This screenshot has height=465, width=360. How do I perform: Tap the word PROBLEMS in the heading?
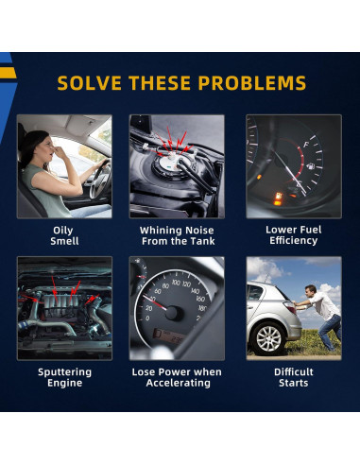point(252,83)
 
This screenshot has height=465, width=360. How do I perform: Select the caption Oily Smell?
point(64,235)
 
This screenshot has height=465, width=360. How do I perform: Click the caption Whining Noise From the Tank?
point(177,235)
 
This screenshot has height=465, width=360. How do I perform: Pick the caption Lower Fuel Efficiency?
point(294,235)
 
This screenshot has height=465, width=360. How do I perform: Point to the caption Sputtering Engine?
point(64,377)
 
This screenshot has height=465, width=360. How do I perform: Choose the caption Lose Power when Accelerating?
point(177,377)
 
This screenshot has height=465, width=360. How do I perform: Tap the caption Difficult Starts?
point(294,377)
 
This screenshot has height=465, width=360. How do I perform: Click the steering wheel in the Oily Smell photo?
point(100,180)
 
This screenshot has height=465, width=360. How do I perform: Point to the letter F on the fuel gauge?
point(305,146)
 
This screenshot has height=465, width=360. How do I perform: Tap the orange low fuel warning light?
point(278,198)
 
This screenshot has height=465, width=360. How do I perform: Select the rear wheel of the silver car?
point(268,338)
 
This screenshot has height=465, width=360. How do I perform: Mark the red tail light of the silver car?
point(289,306)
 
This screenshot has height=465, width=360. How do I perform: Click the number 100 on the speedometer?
point(176,283)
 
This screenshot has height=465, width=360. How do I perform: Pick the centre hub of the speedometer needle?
point(172,313)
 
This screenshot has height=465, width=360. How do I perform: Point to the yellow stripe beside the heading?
point(8,73)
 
